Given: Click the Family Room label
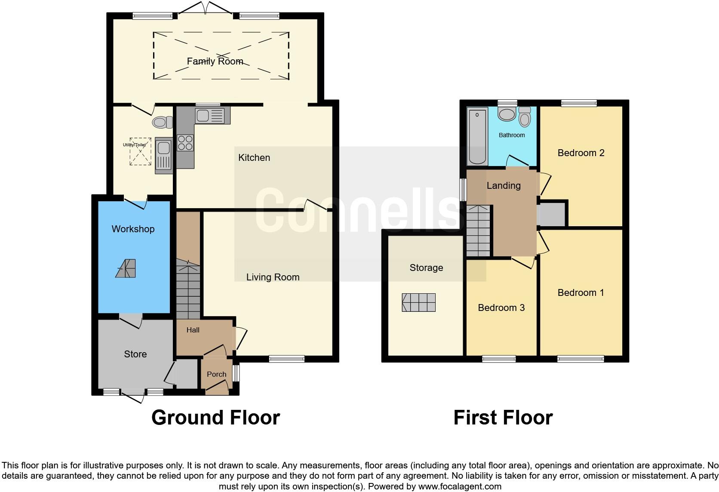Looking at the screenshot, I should point(215,61).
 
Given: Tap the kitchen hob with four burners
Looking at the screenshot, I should point(185,143).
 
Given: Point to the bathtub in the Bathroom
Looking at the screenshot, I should point(477,136).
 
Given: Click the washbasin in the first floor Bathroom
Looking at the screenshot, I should point(507,114).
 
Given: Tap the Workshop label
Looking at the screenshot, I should point(133,229).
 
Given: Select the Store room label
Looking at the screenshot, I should point(135,354).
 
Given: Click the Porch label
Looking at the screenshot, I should point(216,374).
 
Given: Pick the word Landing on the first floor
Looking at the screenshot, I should point(504,185).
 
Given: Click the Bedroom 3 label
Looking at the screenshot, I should point(501,307).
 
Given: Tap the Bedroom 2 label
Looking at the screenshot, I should point(581,153).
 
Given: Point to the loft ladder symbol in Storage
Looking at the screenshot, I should point(418,302).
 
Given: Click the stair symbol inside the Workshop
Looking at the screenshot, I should point(126,268).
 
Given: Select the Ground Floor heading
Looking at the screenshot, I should point(215,418).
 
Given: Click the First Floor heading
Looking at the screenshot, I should point(503,418).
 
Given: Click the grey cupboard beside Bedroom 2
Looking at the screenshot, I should point(552,214).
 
